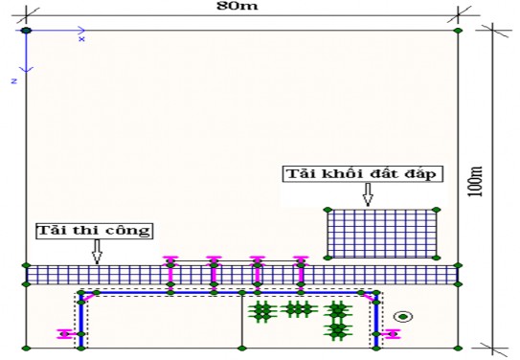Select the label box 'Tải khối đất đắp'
(361, 173)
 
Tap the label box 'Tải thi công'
(95, 231)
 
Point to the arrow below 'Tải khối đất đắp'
(367, 194)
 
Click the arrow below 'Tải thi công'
(96, 251)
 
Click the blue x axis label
(81, 39)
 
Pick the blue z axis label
(14, 82)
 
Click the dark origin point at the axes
(26, 31)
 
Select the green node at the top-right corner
(459, 31)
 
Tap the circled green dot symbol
(403, 316)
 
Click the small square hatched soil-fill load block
(383, 233)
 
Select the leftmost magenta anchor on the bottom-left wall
(64, 333)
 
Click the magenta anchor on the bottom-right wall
(394, 334)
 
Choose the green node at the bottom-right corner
(459, 347)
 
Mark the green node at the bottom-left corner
(26, 347)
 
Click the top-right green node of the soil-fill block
(439, 208)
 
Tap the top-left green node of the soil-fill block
(328, 208)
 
